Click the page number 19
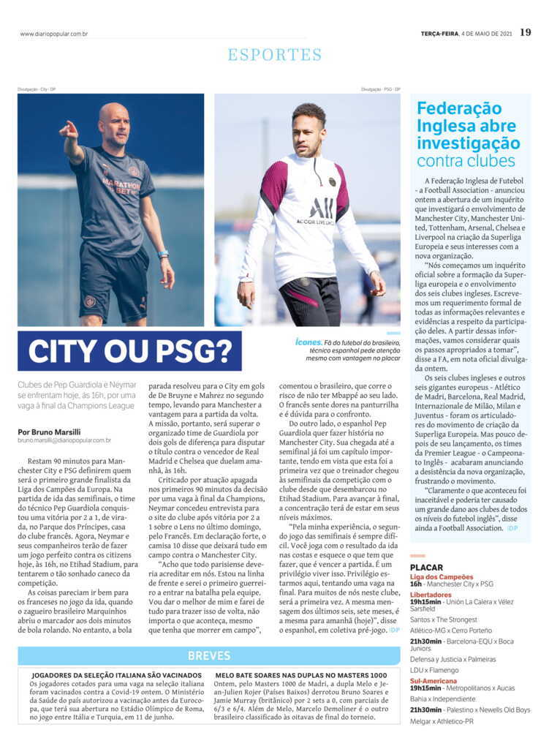(x=526, y=32)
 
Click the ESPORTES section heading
(x=274, y=55)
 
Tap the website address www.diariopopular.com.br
(x=54, y=34)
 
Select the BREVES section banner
(x=209, y=656)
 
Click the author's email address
(x=64, y=440)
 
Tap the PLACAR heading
(x=426, y=568)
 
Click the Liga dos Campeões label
(x=442, y=577)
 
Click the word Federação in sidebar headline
(x=459, y=109)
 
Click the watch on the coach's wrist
(x=162, y=254)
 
